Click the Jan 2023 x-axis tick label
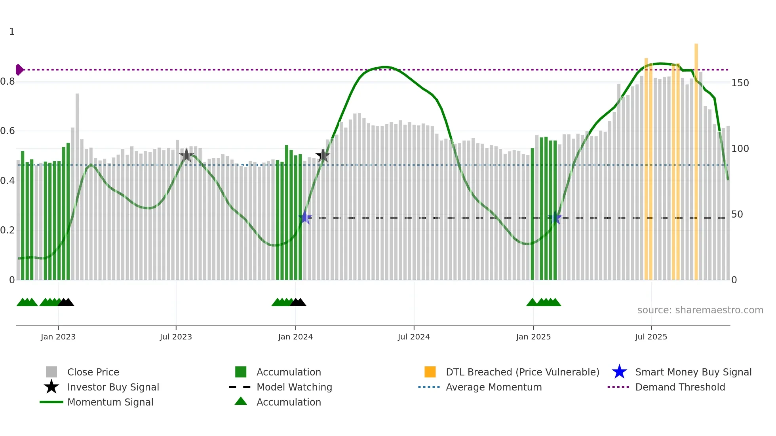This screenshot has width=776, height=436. click(58, 337)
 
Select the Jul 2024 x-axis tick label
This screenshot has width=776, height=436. click(414, 337)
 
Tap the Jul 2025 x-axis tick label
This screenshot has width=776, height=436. click(651, 337)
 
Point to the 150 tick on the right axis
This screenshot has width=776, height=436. click(740, 83)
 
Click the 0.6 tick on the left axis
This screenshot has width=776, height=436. click(8, 131)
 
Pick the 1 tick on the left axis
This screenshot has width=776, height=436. click(12, 32)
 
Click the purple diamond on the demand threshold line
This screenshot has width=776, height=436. click(19, 70)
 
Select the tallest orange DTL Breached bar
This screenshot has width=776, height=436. click(696, 158)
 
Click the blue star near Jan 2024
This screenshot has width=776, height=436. click(305, 218)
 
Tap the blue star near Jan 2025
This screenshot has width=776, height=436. click(555, 218)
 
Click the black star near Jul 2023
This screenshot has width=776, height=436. click(186, 155)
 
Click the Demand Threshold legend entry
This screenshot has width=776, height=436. click(680, 387)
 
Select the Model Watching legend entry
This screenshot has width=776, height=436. click(294, 387)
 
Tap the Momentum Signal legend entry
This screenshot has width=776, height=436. click(110, 402)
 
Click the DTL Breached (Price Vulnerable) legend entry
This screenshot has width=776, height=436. click(522, 372)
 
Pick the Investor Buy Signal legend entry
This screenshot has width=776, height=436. click(113, 387)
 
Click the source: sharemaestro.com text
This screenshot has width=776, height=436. click(700, 310)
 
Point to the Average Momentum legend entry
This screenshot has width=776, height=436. click(494, 387)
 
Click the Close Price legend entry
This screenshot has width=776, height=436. click(93, 372)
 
